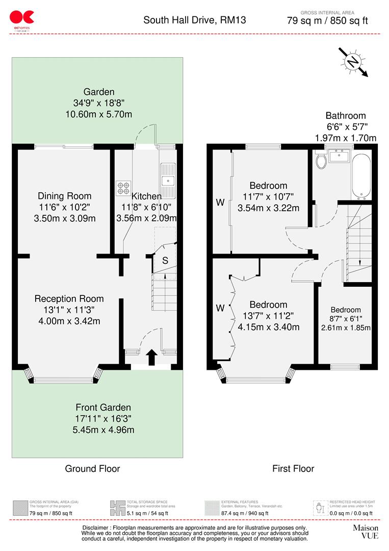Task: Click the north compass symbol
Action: click(x=352, y=61)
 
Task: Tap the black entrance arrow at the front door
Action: click(x=151, y=358)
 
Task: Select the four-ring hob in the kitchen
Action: click(x=123, y=188)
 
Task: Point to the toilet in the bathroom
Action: click(x=321, y=161)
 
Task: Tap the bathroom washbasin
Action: click(x=339, y=155)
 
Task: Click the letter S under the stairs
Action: click(x=165, y=261)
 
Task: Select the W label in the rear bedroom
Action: click(x=220, y=203)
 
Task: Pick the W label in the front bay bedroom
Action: click(x=220, y=308)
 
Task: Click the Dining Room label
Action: click(x=65, y=196)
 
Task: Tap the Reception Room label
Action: click(x=69, y=299)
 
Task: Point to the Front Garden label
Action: click(x=103, y=408)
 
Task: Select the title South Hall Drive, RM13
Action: click(x=194, y=20)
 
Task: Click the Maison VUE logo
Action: click(x=366, y=532)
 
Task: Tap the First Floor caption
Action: click(x=293, y=468)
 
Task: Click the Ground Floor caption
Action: click(x=92, y=468)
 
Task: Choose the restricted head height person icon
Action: click(x=319, y=508)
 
